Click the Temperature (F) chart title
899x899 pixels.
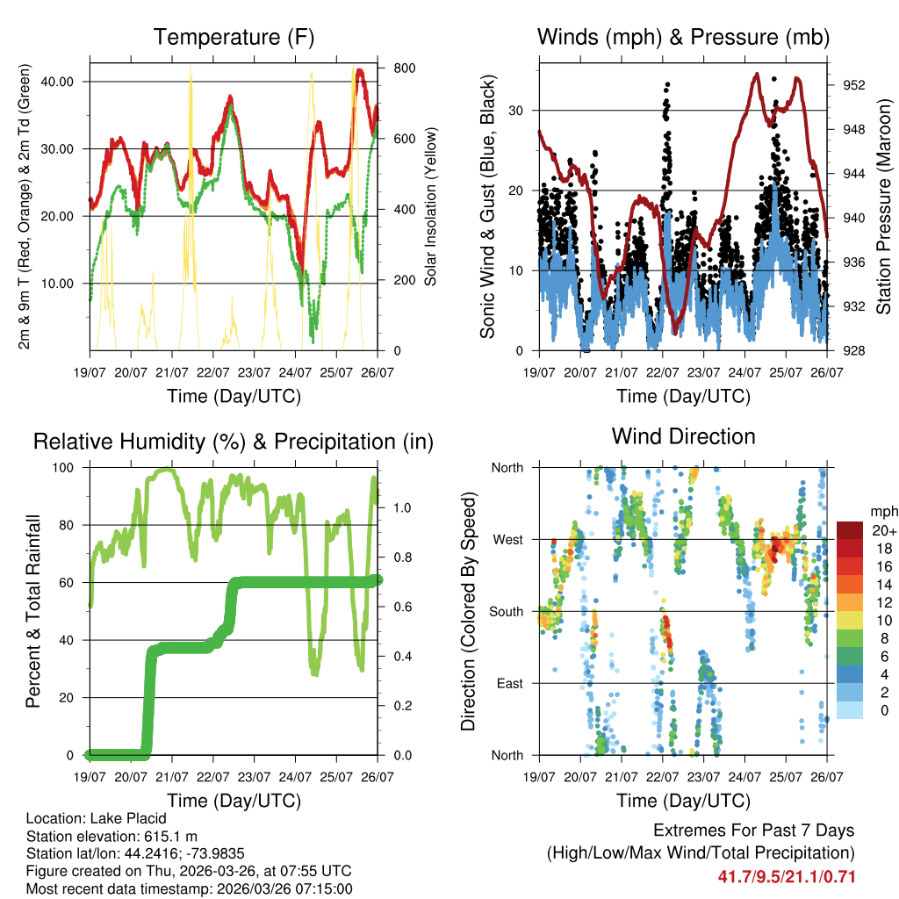click(234, 38)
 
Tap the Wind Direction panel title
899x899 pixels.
click(683, 436)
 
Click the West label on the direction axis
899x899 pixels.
click(507, 540)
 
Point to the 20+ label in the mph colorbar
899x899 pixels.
click(884, 530)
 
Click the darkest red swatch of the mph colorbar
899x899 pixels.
click(850, 530)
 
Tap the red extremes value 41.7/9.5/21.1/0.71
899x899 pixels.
click(786, 877)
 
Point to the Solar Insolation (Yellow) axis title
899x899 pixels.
click(431, 206)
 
